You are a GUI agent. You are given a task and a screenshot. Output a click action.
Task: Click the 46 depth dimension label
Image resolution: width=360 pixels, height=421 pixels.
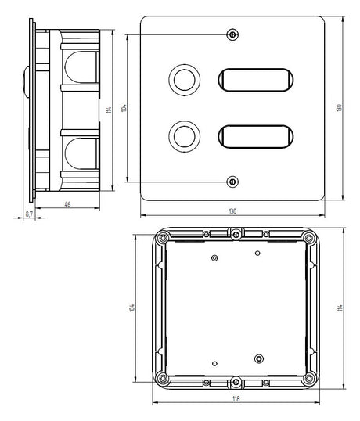(67, 204)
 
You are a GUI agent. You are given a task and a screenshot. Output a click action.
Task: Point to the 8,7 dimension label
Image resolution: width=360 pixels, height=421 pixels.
(29, 214)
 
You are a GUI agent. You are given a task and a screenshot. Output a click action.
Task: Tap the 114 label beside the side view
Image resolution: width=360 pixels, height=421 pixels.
(109, 110)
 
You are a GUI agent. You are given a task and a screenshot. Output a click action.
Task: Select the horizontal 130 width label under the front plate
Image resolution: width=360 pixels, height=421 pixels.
(232, 211)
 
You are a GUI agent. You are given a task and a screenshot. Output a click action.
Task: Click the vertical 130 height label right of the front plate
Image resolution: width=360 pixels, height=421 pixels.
(339, 108)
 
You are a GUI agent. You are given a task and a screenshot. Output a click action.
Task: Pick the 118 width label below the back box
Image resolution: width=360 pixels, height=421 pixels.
(236, 399)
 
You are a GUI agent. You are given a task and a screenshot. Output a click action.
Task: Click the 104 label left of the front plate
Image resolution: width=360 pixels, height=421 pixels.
(124, 108)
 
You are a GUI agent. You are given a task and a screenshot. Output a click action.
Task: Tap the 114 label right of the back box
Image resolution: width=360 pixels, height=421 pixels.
(340, 308)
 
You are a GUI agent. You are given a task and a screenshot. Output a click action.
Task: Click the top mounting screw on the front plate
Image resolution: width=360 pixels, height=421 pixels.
(232, 34)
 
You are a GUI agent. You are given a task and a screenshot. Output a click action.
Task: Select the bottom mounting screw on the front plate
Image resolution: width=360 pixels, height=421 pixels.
(232, 182)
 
